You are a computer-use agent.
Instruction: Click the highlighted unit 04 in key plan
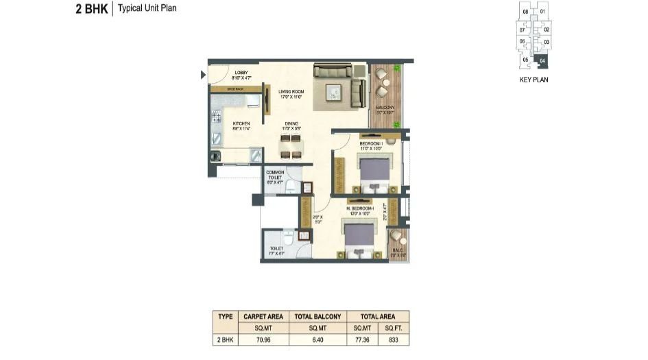pos(542,61)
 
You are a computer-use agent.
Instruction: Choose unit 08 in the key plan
pos(525,12)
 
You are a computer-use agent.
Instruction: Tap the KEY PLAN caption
pos(534,80)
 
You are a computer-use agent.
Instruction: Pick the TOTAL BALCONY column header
pos(317,316)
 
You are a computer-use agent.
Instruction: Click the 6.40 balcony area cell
pos(317,338)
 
